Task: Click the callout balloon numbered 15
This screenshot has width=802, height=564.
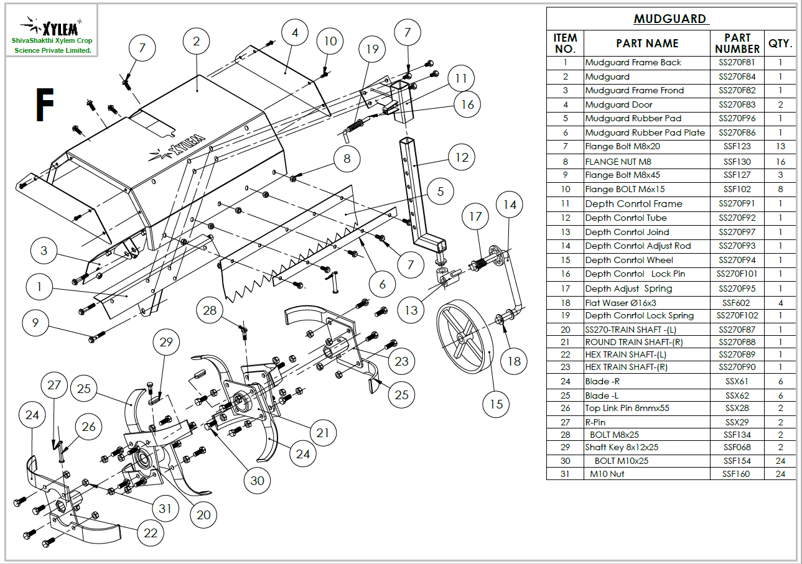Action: tap(497, 404)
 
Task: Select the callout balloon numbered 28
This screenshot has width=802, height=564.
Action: tap(210, 310)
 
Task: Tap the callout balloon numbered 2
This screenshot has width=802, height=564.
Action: tap(196, 42)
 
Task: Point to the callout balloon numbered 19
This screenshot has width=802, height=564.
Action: tap(372, 49)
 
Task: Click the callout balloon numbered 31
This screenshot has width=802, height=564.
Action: tap(165, 509)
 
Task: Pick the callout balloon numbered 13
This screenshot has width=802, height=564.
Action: tap(411, 310)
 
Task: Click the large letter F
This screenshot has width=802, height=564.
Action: tap(45, 104)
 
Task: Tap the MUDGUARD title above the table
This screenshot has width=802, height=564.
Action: tap(670, 19)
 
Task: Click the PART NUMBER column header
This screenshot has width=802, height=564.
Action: tap(737, 44)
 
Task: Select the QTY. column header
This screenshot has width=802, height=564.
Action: tap(780, 44)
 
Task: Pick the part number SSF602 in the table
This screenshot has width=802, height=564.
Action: tap(736, 303)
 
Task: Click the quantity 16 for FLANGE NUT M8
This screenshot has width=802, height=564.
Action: tap(780, 162)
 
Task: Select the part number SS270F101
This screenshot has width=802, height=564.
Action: tap(737, 274)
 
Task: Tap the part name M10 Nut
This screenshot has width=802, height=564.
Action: tap(607, 474)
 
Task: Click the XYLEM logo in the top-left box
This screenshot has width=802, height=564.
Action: tap(51, 27)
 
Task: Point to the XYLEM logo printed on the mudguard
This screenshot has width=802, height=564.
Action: tap(177, 149)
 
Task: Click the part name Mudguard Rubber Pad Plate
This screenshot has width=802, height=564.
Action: tap(645, 133)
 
